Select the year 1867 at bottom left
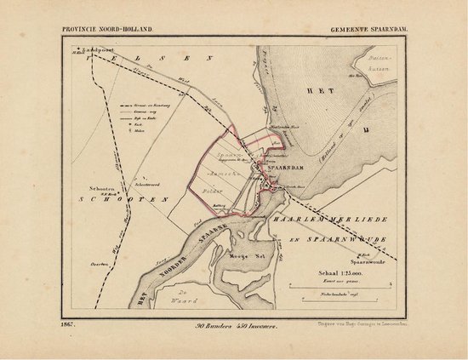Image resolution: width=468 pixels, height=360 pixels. pyautogui.click(x=71, y=325)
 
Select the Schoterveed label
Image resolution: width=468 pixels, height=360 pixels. pyautogui.click(x=125, y=180)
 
